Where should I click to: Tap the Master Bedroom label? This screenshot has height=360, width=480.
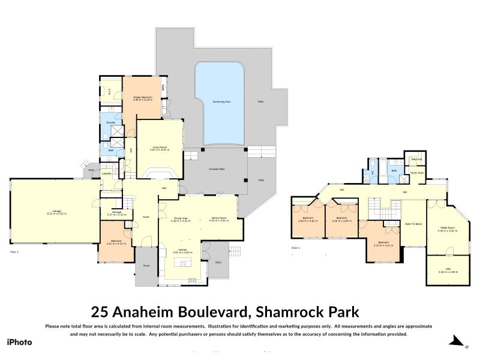(143, 97)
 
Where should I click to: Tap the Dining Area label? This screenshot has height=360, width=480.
(181, 218)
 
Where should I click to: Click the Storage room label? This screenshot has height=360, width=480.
(116, 212)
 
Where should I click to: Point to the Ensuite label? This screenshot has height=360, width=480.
(111, 123)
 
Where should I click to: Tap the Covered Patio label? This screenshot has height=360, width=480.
(209, 170)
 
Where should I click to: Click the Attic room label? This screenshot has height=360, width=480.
(444, 271)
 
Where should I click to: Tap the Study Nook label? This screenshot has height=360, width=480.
(416, 172)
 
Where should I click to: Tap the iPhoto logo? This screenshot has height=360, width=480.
(19, 342)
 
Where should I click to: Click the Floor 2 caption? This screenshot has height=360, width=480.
(296, 247)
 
